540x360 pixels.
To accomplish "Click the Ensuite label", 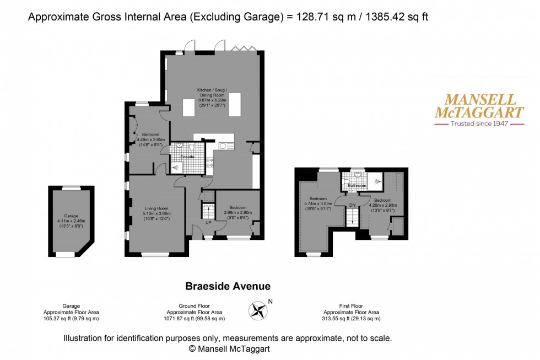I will [x=188, y=157].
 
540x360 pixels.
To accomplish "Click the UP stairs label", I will [x=208, y=223].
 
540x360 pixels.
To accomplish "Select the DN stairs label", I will [x=353, y=205].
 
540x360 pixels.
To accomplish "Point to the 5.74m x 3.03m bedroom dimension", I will [x=318, y=203].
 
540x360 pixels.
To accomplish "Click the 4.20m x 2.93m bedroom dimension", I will [x=382, y=205].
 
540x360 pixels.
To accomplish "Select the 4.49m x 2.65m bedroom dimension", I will [x=150, y=139].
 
